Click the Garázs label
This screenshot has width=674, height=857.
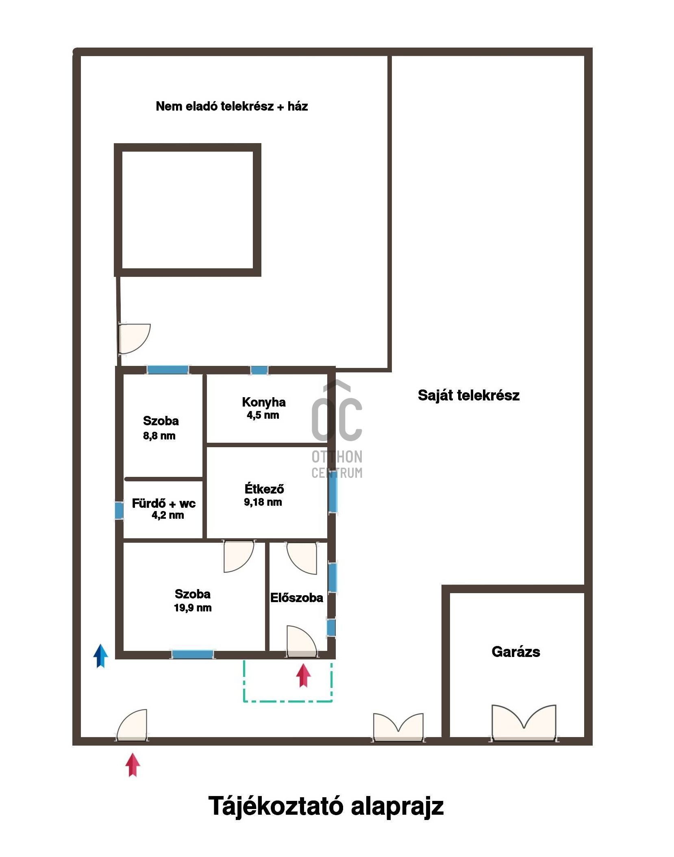click(515, 652)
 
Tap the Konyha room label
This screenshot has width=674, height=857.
click(263, 402)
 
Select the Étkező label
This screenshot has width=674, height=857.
click(264, 488)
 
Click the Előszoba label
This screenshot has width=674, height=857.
click(296, 598)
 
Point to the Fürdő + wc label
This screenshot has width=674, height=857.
click(163, 503)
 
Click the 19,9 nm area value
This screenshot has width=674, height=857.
click(193, 608)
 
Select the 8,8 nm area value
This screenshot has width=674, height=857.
click(159, 436)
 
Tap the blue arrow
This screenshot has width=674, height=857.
click(100, 656)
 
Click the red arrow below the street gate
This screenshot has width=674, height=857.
click(133, 765)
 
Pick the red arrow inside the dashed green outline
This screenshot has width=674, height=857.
click(303, 675)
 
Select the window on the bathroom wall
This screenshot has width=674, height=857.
click(119, 511)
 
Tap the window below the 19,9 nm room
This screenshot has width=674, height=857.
click(193, 655)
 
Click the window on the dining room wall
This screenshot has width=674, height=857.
click(333, 494)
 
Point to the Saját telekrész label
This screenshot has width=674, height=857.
click(468, 395)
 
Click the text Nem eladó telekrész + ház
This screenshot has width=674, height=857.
click(232, 106)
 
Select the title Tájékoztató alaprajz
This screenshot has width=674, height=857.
click(326, 806)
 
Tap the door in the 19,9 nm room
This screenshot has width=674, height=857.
click(239, 556)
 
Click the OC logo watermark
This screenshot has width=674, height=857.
click(337, 429)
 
